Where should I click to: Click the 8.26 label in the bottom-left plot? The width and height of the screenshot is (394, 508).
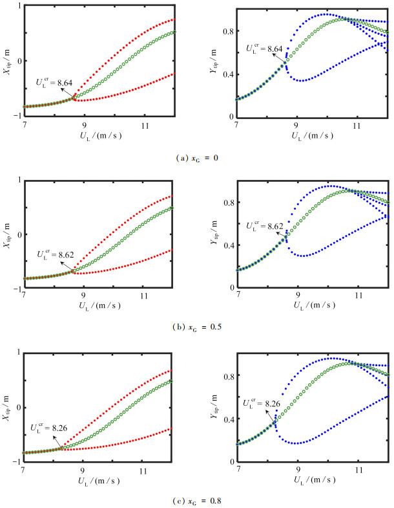(48, 428)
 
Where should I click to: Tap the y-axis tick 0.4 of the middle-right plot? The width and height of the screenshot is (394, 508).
(229, 247)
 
